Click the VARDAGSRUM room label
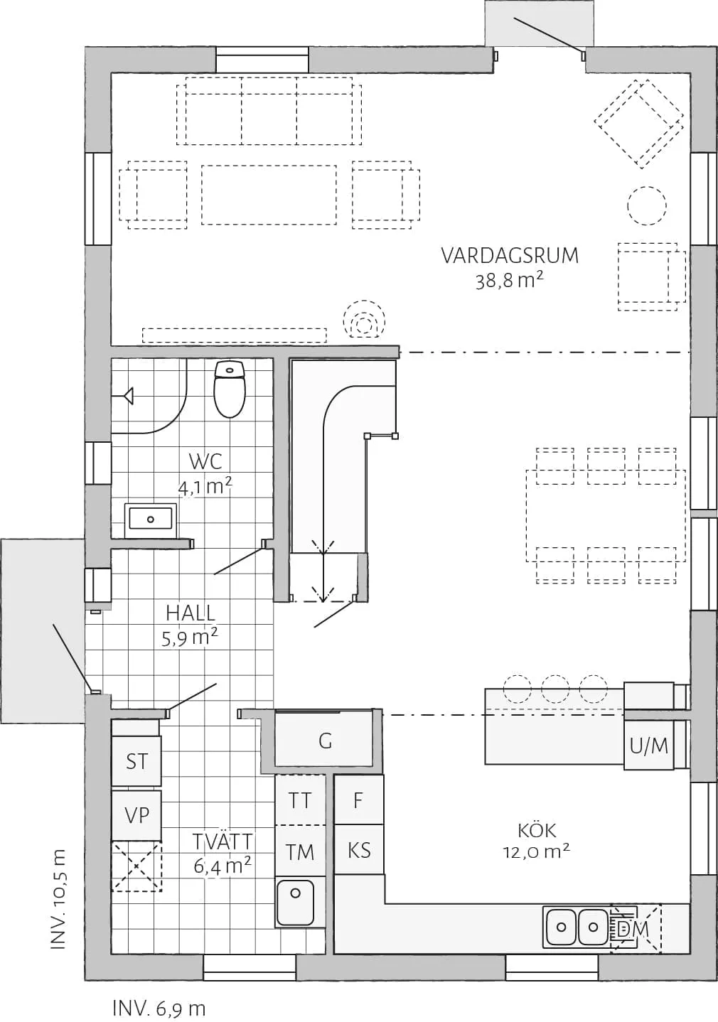click(x=510, y=255)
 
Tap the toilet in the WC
click(x=229, y=389)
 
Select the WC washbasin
click(x=151, y=518)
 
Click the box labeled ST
click(x=136, y=761)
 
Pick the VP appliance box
click(x=136, y=814)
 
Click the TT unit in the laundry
click(x=300, y=800)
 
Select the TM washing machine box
click(x=300, y=851)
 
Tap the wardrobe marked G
click(x=325, y=741)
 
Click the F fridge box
click(x=358, y=800)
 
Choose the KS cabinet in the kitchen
click(x=359, y=850)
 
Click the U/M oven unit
click(x=649, y=746)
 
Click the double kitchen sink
click(x=577, y=927)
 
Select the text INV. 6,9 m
click(x=159, y=1008)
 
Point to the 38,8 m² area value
click(x=509, y=280)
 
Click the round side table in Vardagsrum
click(x=646, y=205)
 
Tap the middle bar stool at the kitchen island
click(x=555, y=688)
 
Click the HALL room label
click(x=190, y=613)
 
